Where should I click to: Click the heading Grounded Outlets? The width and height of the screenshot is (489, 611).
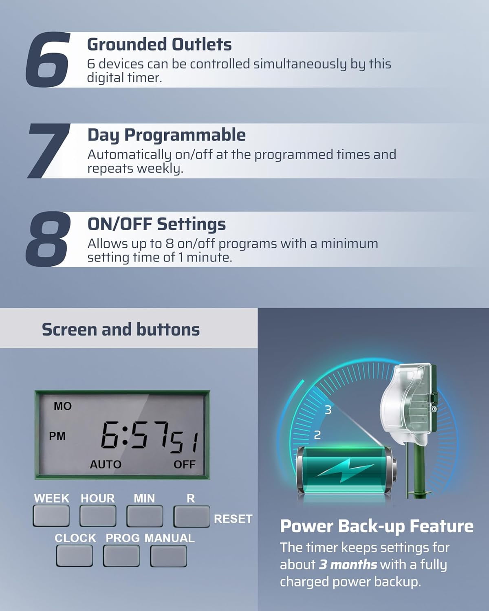pyautogui.click(x=159, y=44)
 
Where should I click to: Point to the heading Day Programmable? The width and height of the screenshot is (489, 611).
pyautogui.click(x=166, y=135)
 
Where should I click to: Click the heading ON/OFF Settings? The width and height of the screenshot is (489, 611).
pyautogui.click(x=156, y=224)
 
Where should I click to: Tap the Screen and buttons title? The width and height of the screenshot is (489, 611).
pyautogui.click(x=121, y=330)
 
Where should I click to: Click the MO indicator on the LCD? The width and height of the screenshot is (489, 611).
pyautogui.click(x=62, y=406)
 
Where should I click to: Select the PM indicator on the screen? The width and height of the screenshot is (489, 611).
pyautogui.click(x=57, y=436)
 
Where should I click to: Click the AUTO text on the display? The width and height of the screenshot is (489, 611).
pyautogui.click(x=106, y=464)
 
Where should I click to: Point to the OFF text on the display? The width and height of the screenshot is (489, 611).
pyautogui.click(x=184, y=464)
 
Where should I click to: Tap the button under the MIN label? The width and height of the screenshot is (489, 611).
pyautogui.click(x=145, y=516)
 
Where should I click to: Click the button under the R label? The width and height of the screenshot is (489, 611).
pyautogui.click(x=192, y=516)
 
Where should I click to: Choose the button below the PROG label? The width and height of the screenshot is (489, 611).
pyautogui.click(x=121, y=556)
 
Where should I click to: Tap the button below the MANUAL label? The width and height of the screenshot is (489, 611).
pyautogui.click(x=168, y=556)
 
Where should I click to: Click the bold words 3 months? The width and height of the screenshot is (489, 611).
pyautogui.click(x=348, y=565)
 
